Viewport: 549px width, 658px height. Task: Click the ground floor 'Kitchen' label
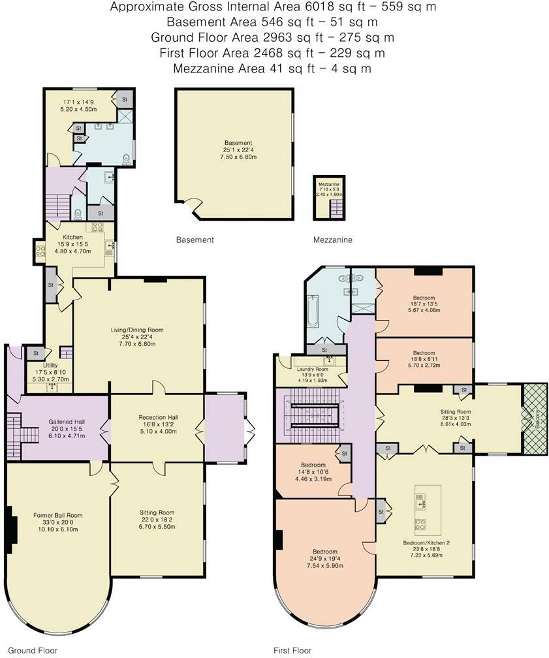[x=72, y=237]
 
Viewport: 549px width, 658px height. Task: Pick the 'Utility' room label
[x=50, y=365]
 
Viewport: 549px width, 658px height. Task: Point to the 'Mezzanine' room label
[x=329, y=185]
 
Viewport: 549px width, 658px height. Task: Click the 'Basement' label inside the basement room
[x=234, y=143]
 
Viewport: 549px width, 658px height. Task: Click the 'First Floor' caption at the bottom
[x=292, y=650]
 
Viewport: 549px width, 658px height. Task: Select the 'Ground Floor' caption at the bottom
[x=33, y=650]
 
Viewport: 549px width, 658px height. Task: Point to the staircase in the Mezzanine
[x=337, y=208]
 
